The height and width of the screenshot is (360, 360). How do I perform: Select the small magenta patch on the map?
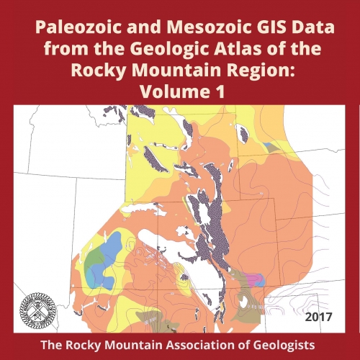pos(253,278)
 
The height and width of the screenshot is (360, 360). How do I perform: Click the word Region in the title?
pos(256,72)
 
